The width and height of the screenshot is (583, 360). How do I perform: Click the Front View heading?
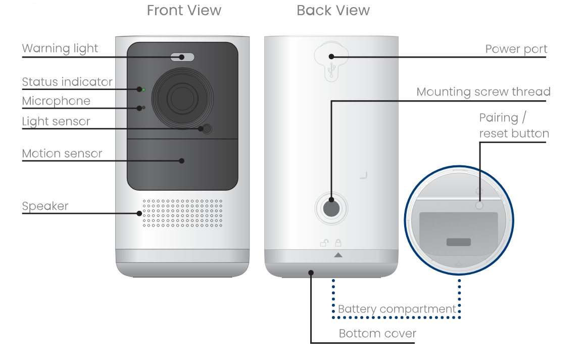(184, 11)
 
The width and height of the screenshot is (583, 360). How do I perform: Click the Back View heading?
(333, 11)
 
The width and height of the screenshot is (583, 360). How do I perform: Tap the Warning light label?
(60, 49)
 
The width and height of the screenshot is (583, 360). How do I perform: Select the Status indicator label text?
(67, 82)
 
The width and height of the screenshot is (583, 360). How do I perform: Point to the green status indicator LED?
(144, 90)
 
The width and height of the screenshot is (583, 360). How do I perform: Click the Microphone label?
(56, 101)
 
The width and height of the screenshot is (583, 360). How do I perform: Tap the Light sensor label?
(56, 122)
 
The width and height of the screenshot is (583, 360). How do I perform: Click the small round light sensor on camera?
(205, 128)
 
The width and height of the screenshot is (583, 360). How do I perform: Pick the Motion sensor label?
(62, 154)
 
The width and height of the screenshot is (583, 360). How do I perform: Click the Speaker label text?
(45, 206)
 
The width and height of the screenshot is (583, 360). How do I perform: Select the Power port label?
(516, 49)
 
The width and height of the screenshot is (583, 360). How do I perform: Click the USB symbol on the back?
(331, 71)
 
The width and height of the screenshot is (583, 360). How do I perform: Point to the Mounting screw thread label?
(483, 92)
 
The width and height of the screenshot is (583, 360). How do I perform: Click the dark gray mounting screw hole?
(331, 207)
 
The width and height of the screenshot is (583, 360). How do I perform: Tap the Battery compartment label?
(397, 309)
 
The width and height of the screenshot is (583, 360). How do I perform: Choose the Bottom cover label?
(377, 334)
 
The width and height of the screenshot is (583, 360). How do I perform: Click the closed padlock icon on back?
(338, 243)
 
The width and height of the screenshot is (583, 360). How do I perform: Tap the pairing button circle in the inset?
(479, 206)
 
